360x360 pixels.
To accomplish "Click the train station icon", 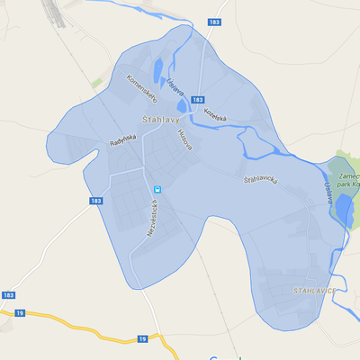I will [157, 189].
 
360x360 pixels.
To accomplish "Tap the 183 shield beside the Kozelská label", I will [198, 99].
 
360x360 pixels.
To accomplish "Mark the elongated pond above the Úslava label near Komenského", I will [159, 67].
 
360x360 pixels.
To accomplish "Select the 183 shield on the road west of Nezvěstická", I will [96, 202].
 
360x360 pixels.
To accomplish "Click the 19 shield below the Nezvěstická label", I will [143, 338].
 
